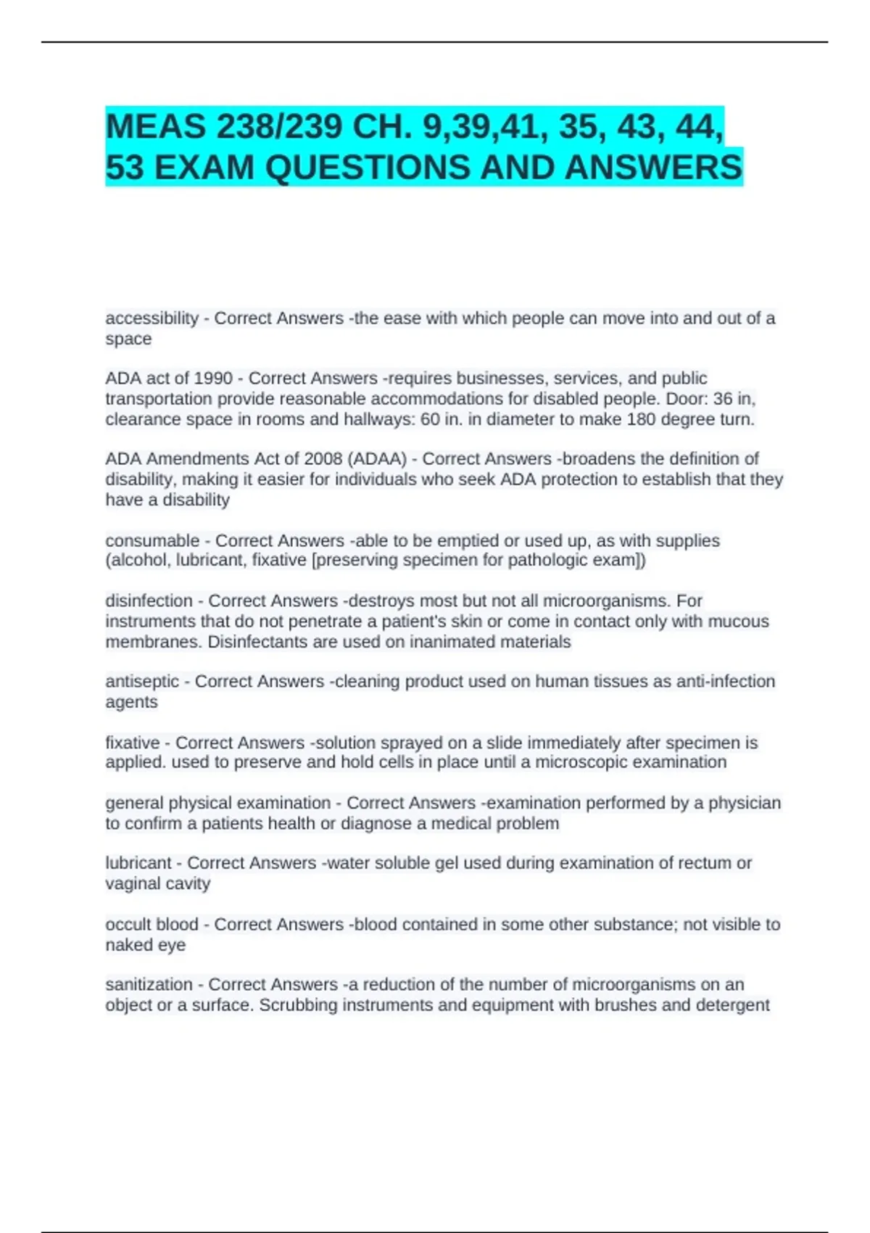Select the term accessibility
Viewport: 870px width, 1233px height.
(152, 318)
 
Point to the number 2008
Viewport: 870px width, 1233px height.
(323, 459)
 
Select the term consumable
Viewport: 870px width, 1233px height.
(152, 541)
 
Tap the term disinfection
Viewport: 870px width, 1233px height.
(149, 601)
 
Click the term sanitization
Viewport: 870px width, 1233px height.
(149, 985)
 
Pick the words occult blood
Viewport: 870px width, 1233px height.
(152, 925)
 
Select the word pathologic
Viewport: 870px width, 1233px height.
(548, 560)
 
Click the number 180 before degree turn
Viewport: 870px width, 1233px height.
(640, 419)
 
